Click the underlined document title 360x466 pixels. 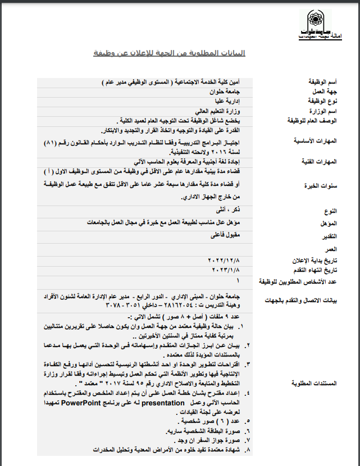pos(169,53)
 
